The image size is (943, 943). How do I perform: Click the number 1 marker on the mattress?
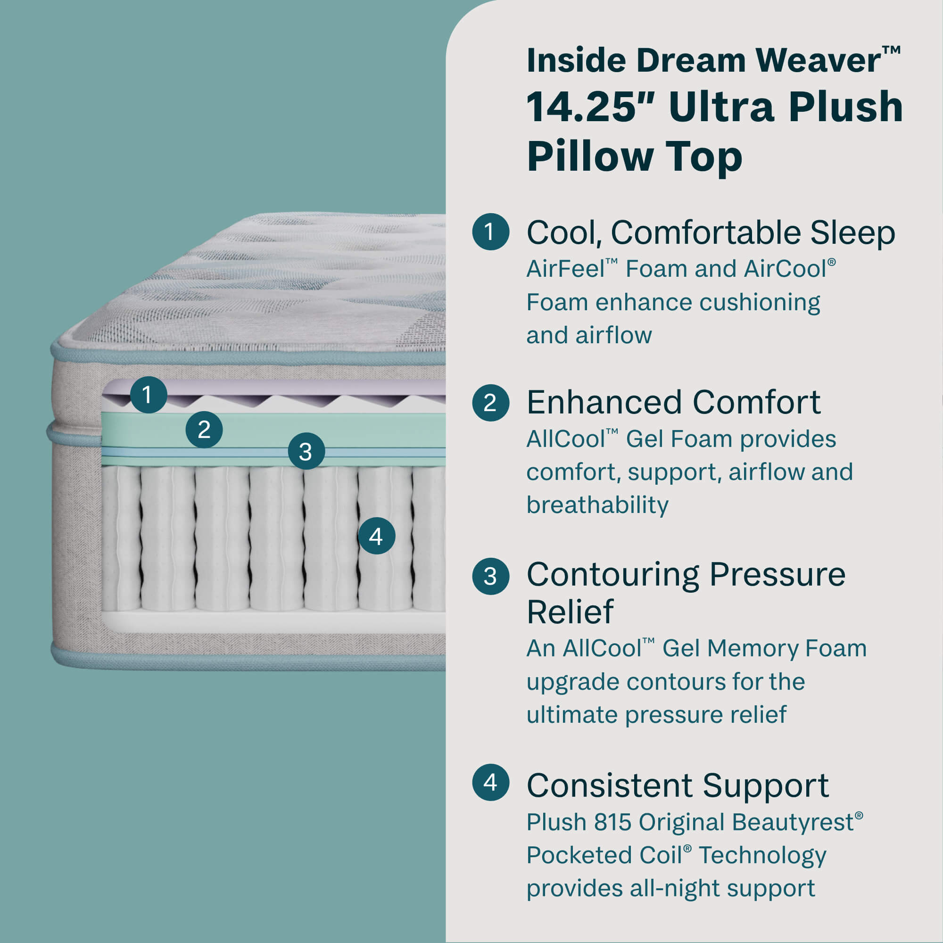click(x=149, y=394)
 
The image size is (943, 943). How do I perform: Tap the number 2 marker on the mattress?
click(x=204, y=430)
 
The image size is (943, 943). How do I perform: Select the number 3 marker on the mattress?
click(x=306, y=452)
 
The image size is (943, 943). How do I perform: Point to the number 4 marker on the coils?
click(x=376, y=536)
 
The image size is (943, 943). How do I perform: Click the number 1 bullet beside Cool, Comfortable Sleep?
click(x=490, y=232)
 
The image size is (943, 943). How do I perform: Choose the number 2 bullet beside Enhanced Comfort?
click(x=490, y=403)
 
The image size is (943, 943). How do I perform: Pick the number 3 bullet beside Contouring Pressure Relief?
click(x=490, y=576)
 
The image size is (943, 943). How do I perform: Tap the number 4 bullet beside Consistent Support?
click(x=490, y=782)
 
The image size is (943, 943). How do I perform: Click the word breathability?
click(x=597, y=505)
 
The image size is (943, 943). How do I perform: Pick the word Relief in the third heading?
click(x=570, y=612)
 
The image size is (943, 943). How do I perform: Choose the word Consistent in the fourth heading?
click(x=609, y=786)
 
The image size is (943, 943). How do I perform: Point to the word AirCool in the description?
click(x=785, y=269)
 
